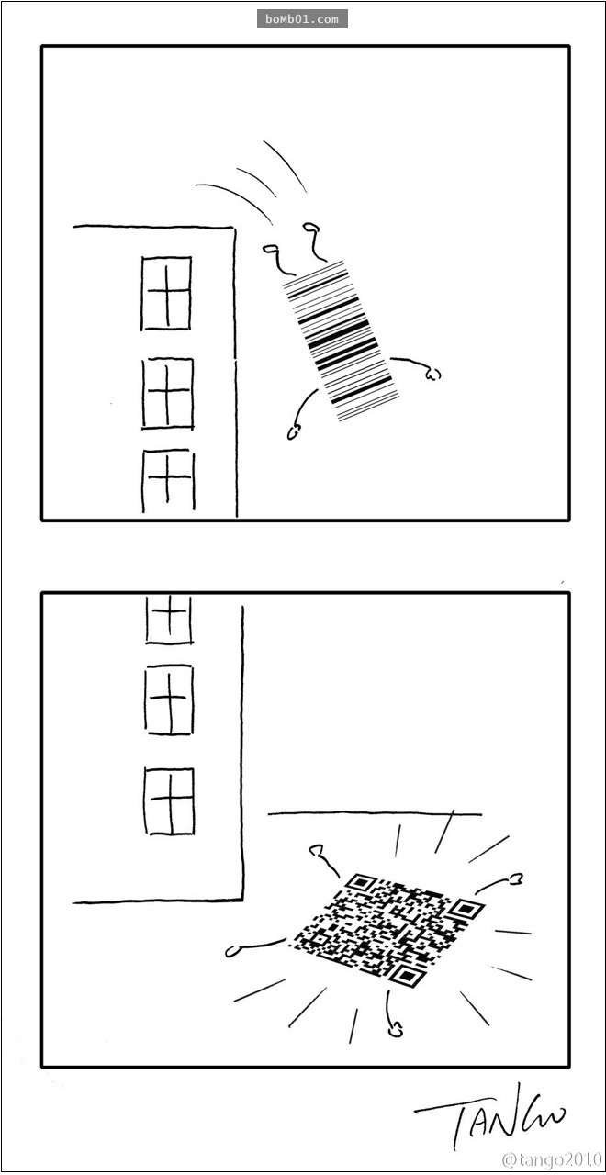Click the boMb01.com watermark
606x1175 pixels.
click(302, 19)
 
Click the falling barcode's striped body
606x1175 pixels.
click(340, 340)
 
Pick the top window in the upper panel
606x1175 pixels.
click(166, 293)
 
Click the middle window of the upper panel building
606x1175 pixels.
click(167, 394)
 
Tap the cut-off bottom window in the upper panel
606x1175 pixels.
click(168, 481)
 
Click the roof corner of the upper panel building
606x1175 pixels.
click(233, 229)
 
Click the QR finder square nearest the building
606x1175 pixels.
click(357, 883)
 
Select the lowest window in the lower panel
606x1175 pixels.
click(170, 801)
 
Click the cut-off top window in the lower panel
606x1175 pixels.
click(169, 618)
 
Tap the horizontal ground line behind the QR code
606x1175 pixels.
click(375, 814)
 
